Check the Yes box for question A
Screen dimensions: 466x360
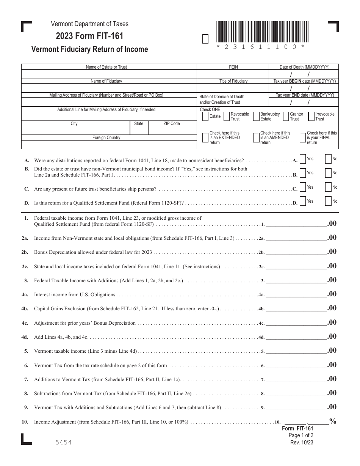click(x=303, y=160)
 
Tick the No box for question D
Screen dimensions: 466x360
click(x=328, y=202)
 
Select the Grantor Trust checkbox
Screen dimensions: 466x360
click(x=286, y=117)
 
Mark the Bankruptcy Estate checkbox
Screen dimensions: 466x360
click(x=256, y=117)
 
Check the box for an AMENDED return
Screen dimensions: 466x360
click(x=256, y=138)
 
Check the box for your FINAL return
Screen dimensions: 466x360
click(x=303, y=138)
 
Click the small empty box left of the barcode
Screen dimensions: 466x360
click(x=205, y=39)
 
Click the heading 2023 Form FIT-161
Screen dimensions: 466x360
click(x=89, y=36)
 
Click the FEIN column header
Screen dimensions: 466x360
click(x=233, y=67)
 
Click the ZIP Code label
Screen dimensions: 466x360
click(x=171, y=124)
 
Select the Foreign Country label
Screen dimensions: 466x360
click(x=106, y=138)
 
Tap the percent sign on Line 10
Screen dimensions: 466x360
click(x=333, y=421)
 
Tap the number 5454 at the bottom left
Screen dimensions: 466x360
click(x=63, y=443)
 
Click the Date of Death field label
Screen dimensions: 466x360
click(x=304, y=67)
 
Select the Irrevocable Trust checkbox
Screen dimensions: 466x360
click(x=311, y=117)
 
